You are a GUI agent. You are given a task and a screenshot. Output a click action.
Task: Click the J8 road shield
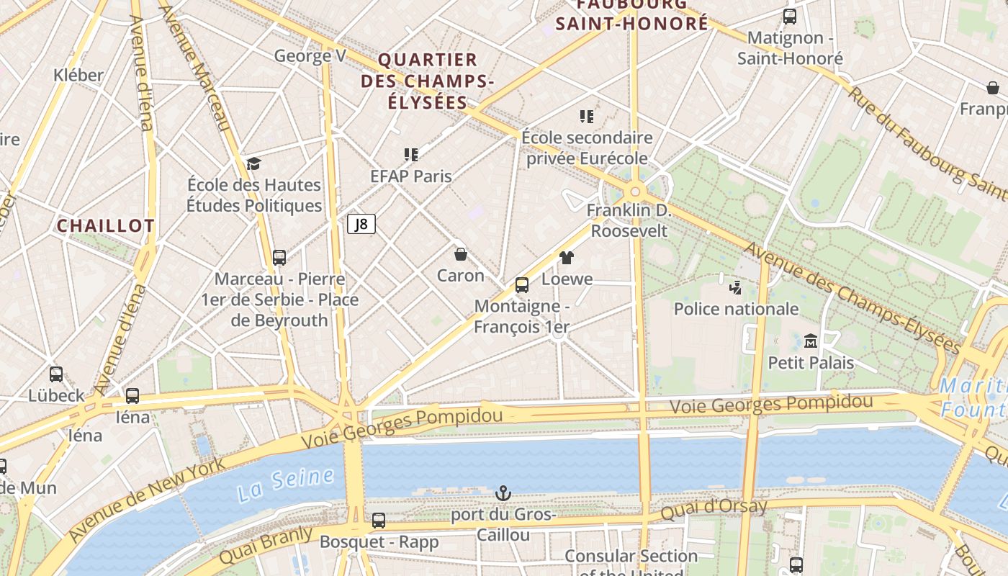coord(361,224)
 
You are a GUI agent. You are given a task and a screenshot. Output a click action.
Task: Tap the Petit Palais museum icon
coord(811,341)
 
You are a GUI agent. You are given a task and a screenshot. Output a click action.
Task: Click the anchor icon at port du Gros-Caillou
coord(503,493)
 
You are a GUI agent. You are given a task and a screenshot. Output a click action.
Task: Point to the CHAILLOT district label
coord(105,225)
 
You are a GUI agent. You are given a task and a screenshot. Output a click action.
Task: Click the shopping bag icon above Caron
coord(461,254)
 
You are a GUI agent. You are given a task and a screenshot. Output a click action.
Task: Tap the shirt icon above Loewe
coord(567,257)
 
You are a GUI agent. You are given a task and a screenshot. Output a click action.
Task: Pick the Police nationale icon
coord(735,288)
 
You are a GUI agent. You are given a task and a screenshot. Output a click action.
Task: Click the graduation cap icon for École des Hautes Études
coord(253,164)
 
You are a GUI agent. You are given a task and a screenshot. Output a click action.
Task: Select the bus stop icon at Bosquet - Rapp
coord(379,520)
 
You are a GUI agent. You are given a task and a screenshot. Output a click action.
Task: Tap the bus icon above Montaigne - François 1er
coord(522,285)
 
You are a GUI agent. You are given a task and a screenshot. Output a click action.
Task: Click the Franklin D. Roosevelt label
coord(629,220)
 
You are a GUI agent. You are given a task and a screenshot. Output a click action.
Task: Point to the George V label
coord(310,56)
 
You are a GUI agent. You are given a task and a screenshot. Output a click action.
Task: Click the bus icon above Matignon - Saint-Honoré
coord(790,17)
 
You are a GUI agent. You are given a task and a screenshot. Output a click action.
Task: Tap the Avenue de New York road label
coord(148,501)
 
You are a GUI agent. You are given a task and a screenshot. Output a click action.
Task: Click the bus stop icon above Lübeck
coord(56,374)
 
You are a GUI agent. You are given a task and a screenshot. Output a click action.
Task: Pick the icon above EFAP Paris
coord(411,154)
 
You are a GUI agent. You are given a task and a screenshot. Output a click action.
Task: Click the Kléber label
coord(78,75)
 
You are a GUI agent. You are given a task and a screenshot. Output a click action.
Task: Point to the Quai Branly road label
coord(266,545)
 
